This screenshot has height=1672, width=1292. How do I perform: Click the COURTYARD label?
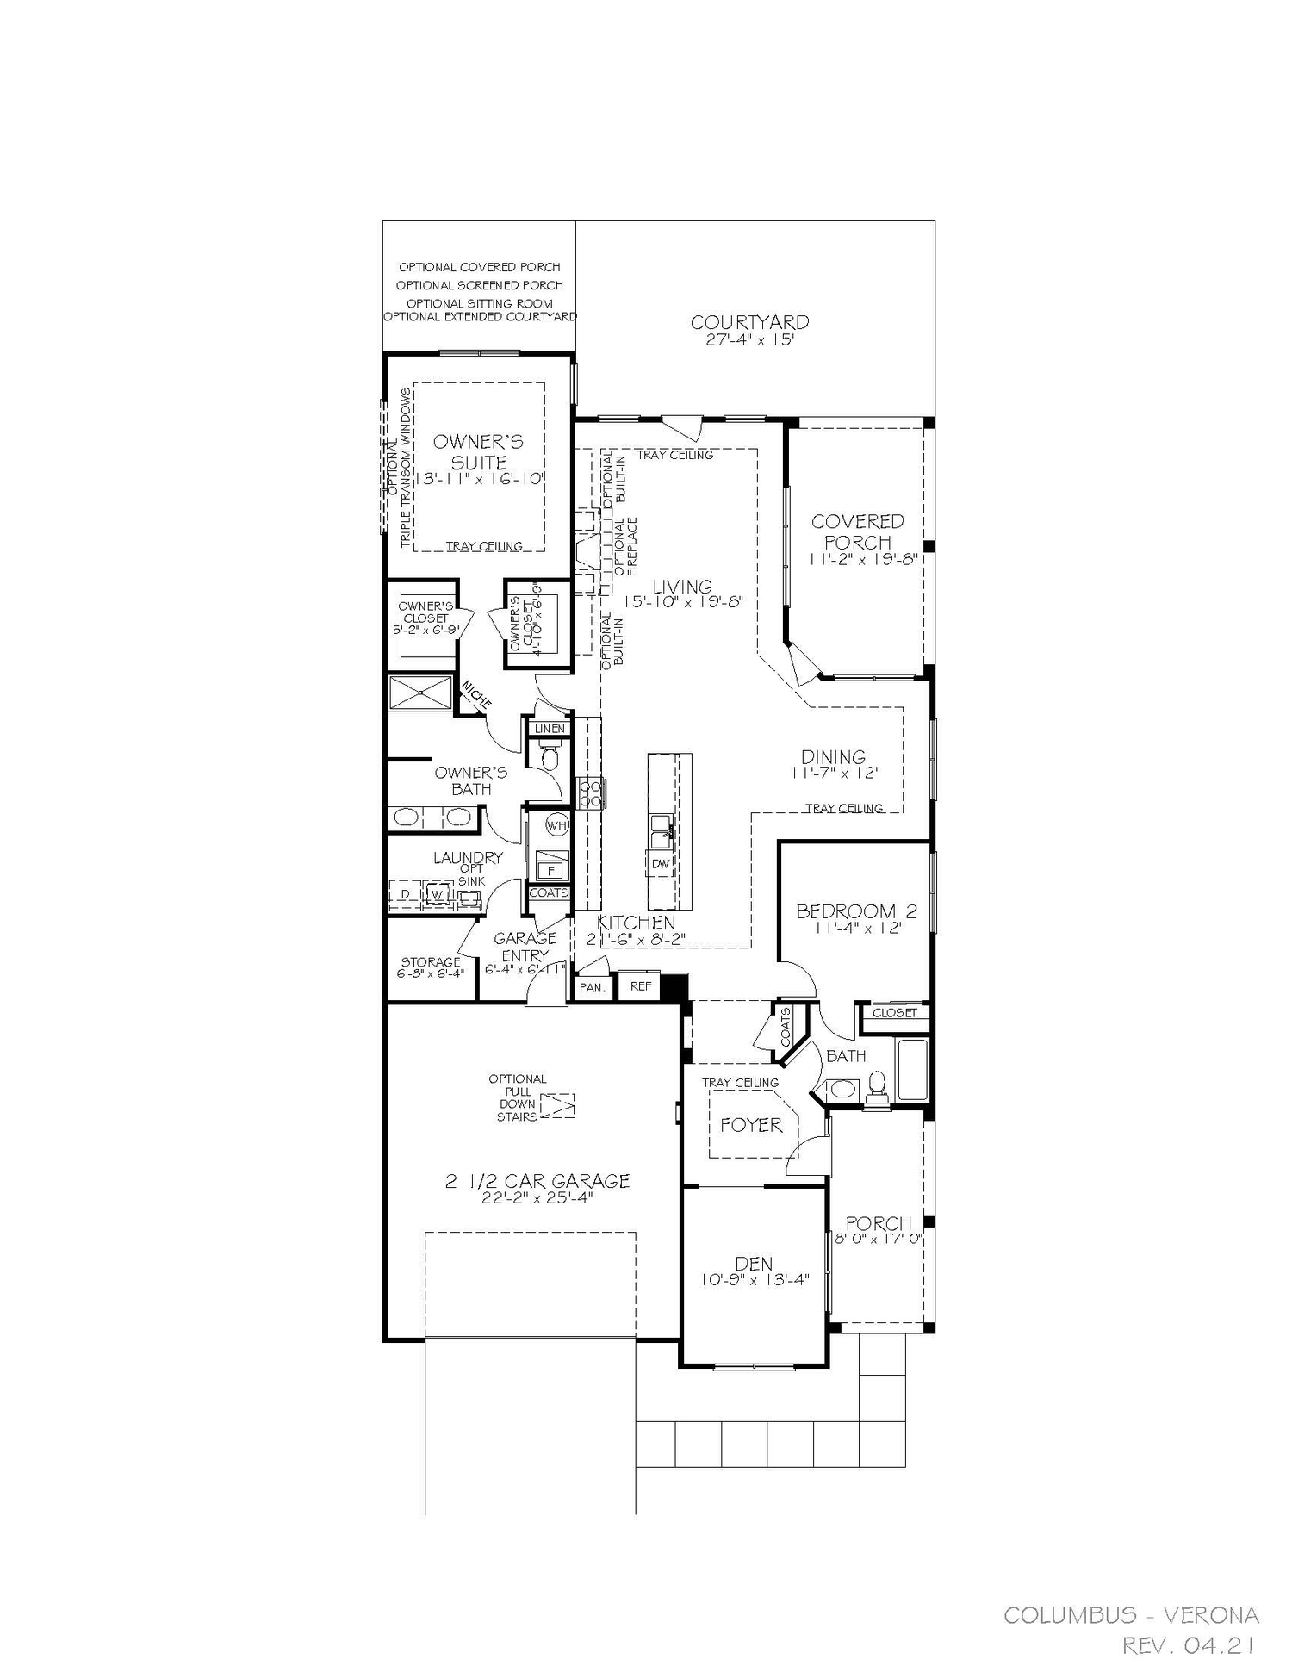click(749, 322)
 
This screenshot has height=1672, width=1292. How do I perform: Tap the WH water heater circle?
click(557, 824)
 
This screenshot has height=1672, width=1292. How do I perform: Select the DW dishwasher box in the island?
click(660, 863)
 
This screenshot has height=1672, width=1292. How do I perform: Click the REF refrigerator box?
click(640, 986)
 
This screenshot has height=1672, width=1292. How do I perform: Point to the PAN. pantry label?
click(592, 988)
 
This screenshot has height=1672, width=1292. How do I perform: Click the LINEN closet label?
click(550, 729)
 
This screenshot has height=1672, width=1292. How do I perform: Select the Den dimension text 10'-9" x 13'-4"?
click(755, 1281)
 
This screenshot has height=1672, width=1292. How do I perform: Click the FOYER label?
click(751, 1125)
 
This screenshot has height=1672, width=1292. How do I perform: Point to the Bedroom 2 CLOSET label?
click(894, 1013)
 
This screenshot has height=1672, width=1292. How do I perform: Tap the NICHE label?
click(476, 695)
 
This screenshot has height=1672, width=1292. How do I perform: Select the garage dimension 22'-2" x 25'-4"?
click(537, 1198)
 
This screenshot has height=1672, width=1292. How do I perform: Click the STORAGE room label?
click(431, 962)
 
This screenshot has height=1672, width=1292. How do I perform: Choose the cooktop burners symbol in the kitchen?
click(590, 792)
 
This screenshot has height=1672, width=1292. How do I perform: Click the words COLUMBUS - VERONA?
click(1131, 1615)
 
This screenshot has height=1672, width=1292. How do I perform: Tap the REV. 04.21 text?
click(1188, 1646)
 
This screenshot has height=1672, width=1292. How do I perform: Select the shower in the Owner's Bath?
click(419, 693)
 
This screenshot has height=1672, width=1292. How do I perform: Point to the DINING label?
click(833, 756)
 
